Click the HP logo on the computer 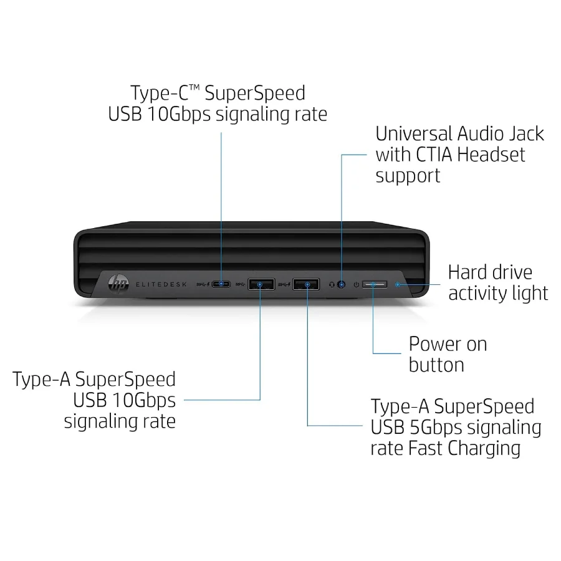click(x=118, y=284)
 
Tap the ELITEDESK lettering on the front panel click(x=161, y=284)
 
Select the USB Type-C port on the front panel click(x=221, y=284)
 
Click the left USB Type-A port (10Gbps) click(x=261, y=284)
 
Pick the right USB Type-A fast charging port click(x=306, y=284)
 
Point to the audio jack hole click(x=342, y=284)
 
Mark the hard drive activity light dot click(x=397, y=284)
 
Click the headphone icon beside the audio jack click(x=332, y=285)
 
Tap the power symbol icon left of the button click(x=356, y=285)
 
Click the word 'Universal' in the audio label click(x=414, y=134)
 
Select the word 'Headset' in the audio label click(x=491, y=155)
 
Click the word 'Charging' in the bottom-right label click(x=484, y=449)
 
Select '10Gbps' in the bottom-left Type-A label click(x=144, y=401)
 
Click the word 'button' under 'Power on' click(x=436, y=365)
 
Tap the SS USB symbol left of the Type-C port click(x=203, y=284)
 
